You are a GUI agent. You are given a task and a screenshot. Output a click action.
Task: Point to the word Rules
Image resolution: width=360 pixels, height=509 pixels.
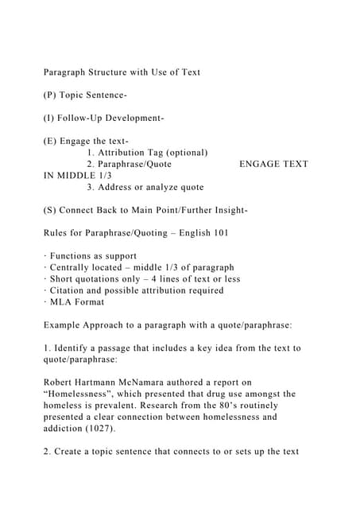click(58, 233)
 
